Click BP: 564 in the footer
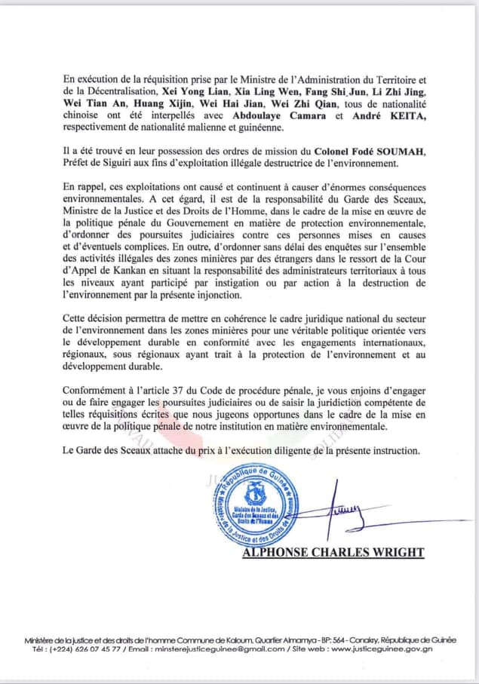[296, 638]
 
